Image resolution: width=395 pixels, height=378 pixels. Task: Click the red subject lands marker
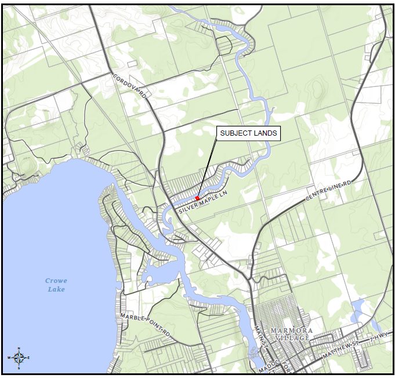197,198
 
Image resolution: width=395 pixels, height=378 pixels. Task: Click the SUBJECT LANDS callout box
248,133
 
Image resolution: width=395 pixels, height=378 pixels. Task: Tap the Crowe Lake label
56,285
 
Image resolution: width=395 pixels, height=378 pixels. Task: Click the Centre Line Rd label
329,192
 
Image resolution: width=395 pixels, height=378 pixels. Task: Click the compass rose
19,358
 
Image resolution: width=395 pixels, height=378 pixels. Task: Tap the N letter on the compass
19,349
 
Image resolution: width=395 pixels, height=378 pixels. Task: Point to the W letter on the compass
9,358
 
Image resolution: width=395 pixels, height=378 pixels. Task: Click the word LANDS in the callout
264,133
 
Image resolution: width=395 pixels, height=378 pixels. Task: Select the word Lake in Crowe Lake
56,289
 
